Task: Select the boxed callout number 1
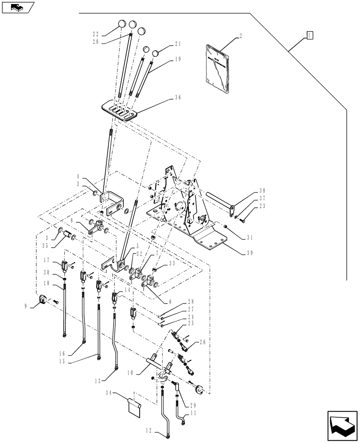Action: [x=310, y=35]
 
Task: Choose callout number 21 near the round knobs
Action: [x=178, y=44]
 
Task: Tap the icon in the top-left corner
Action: [x=17, y=7]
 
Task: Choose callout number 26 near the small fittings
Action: [x=203, y=342]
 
